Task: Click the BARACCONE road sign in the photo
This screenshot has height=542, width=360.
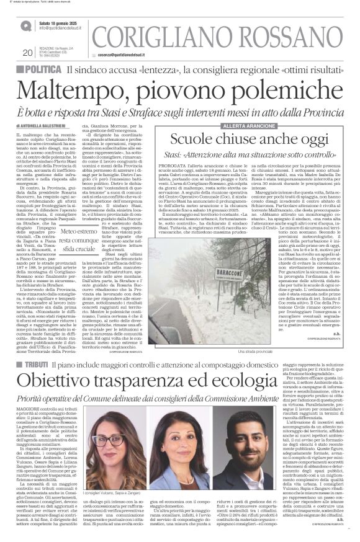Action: (205, 255)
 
